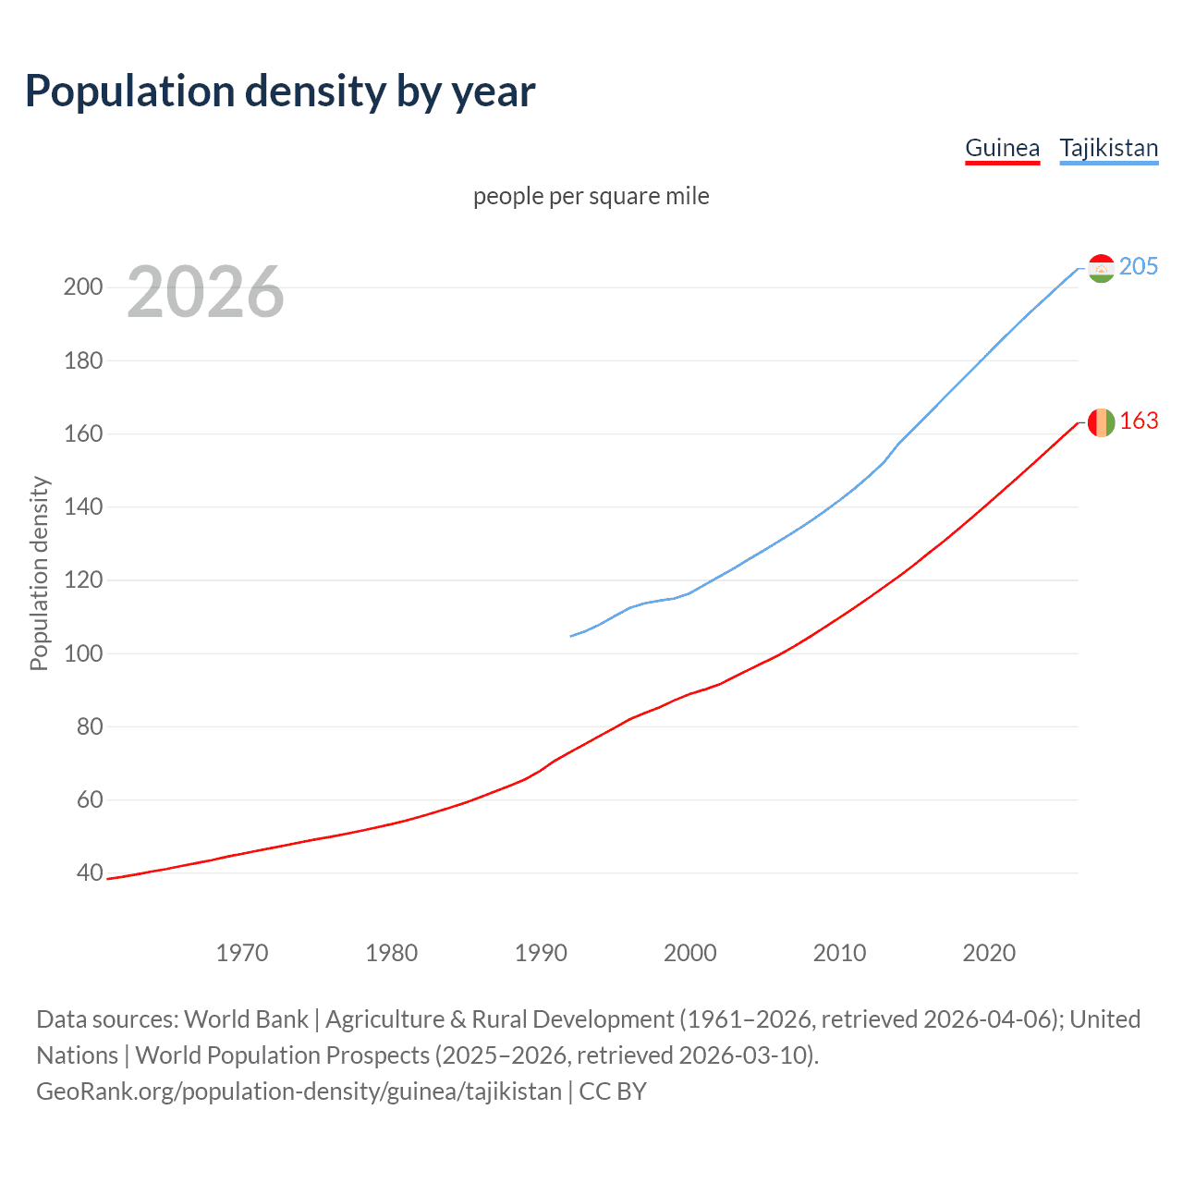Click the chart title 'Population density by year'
pos(280,91)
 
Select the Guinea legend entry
pos(1002,148)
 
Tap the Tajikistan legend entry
pos(1108,148)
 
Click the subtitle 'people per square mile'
pos(591,196)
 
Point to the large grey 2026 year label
pos(205,292)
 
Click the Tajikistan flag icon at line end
pos(1101,268)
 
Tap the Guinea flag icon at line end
pos(1101,422)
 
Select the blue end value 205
pos(1138,267)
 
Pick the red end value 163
pos(1138,421)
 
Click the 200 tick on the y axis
pos(82,287)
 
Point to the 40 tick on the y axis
pos(89,873)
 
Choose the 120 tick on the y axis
pos(82,580)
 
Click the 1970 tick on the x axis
pos(242,953)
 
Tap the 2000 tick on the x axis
pos(689,953)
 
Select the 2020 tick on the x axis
pos(989,953)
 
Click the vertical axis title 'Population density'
pos(39,573)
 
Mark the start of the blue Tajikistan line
pos(572,636)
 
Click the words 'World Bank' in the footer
pos(246,1019)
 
